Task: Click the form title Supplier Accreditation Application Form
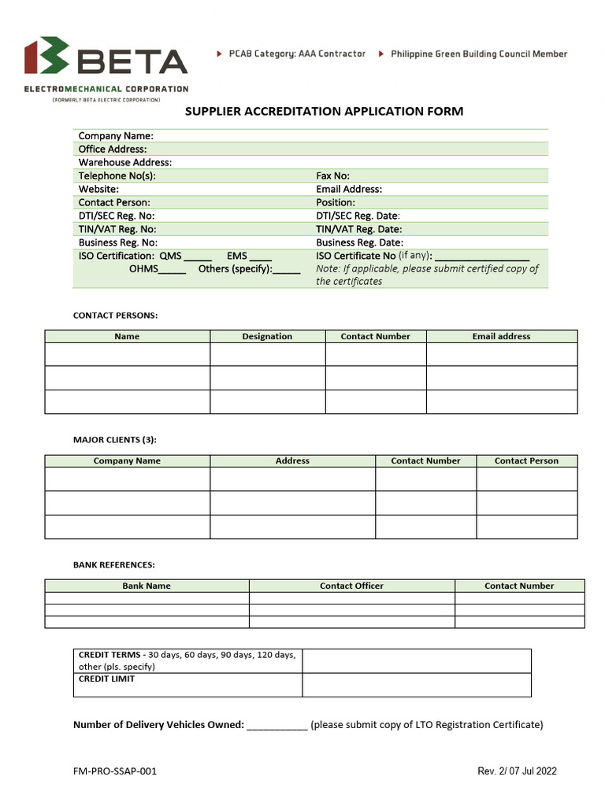coord(324,111)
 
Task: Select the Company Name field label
coord(116,136)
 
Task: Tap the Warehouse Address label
coord(125,162)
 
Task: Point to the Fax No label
coord(332,176)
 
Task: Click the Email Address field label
coord(349,189)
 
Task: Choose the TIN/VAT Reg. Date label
coord(358,229)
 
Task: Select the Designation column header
coord(267,336)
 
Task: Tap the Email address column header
coord(501,336)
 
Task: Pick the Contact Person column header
coord(526,460)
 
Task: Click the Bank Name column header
coord(147,586)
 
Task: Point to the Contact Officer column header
coord(351,586)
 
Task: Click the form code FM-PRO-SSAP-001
coord(115,771)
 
